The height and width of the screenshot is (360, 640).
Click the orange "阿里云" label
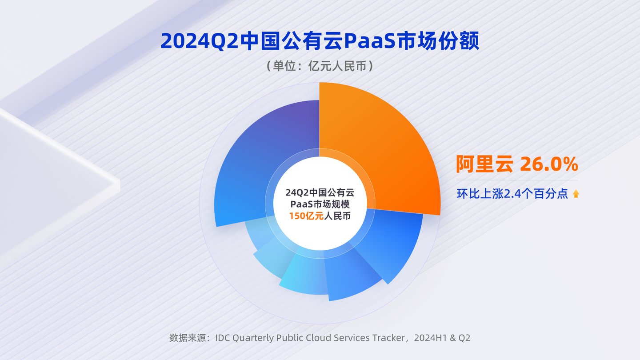coord(484,164)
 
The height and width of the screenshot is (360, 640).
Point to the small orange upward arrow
coord(576,194)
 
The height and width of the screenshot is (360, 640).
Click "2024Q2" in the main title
coord(200,41)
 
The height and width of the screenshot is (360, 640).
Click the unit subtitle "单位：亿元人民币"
coord(320,66)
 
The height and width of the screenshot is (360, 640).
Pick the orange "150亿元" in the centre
coord(306,216)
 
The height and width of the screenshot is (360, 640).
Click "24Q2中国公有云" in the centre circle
coord(320,192)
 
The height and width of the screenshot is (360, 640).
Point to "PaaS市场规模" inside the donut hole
coord(320,204)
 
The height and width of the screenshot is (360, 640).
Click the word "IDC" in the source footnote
coord(223,338)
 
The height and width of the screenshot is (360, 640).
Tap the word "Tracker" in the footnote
coord(388,338)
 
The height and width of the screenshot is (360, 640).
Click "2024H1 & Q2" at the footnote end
coord(442,338)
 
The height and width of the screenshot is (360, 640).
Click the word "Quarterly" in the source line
coord(253,338)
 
